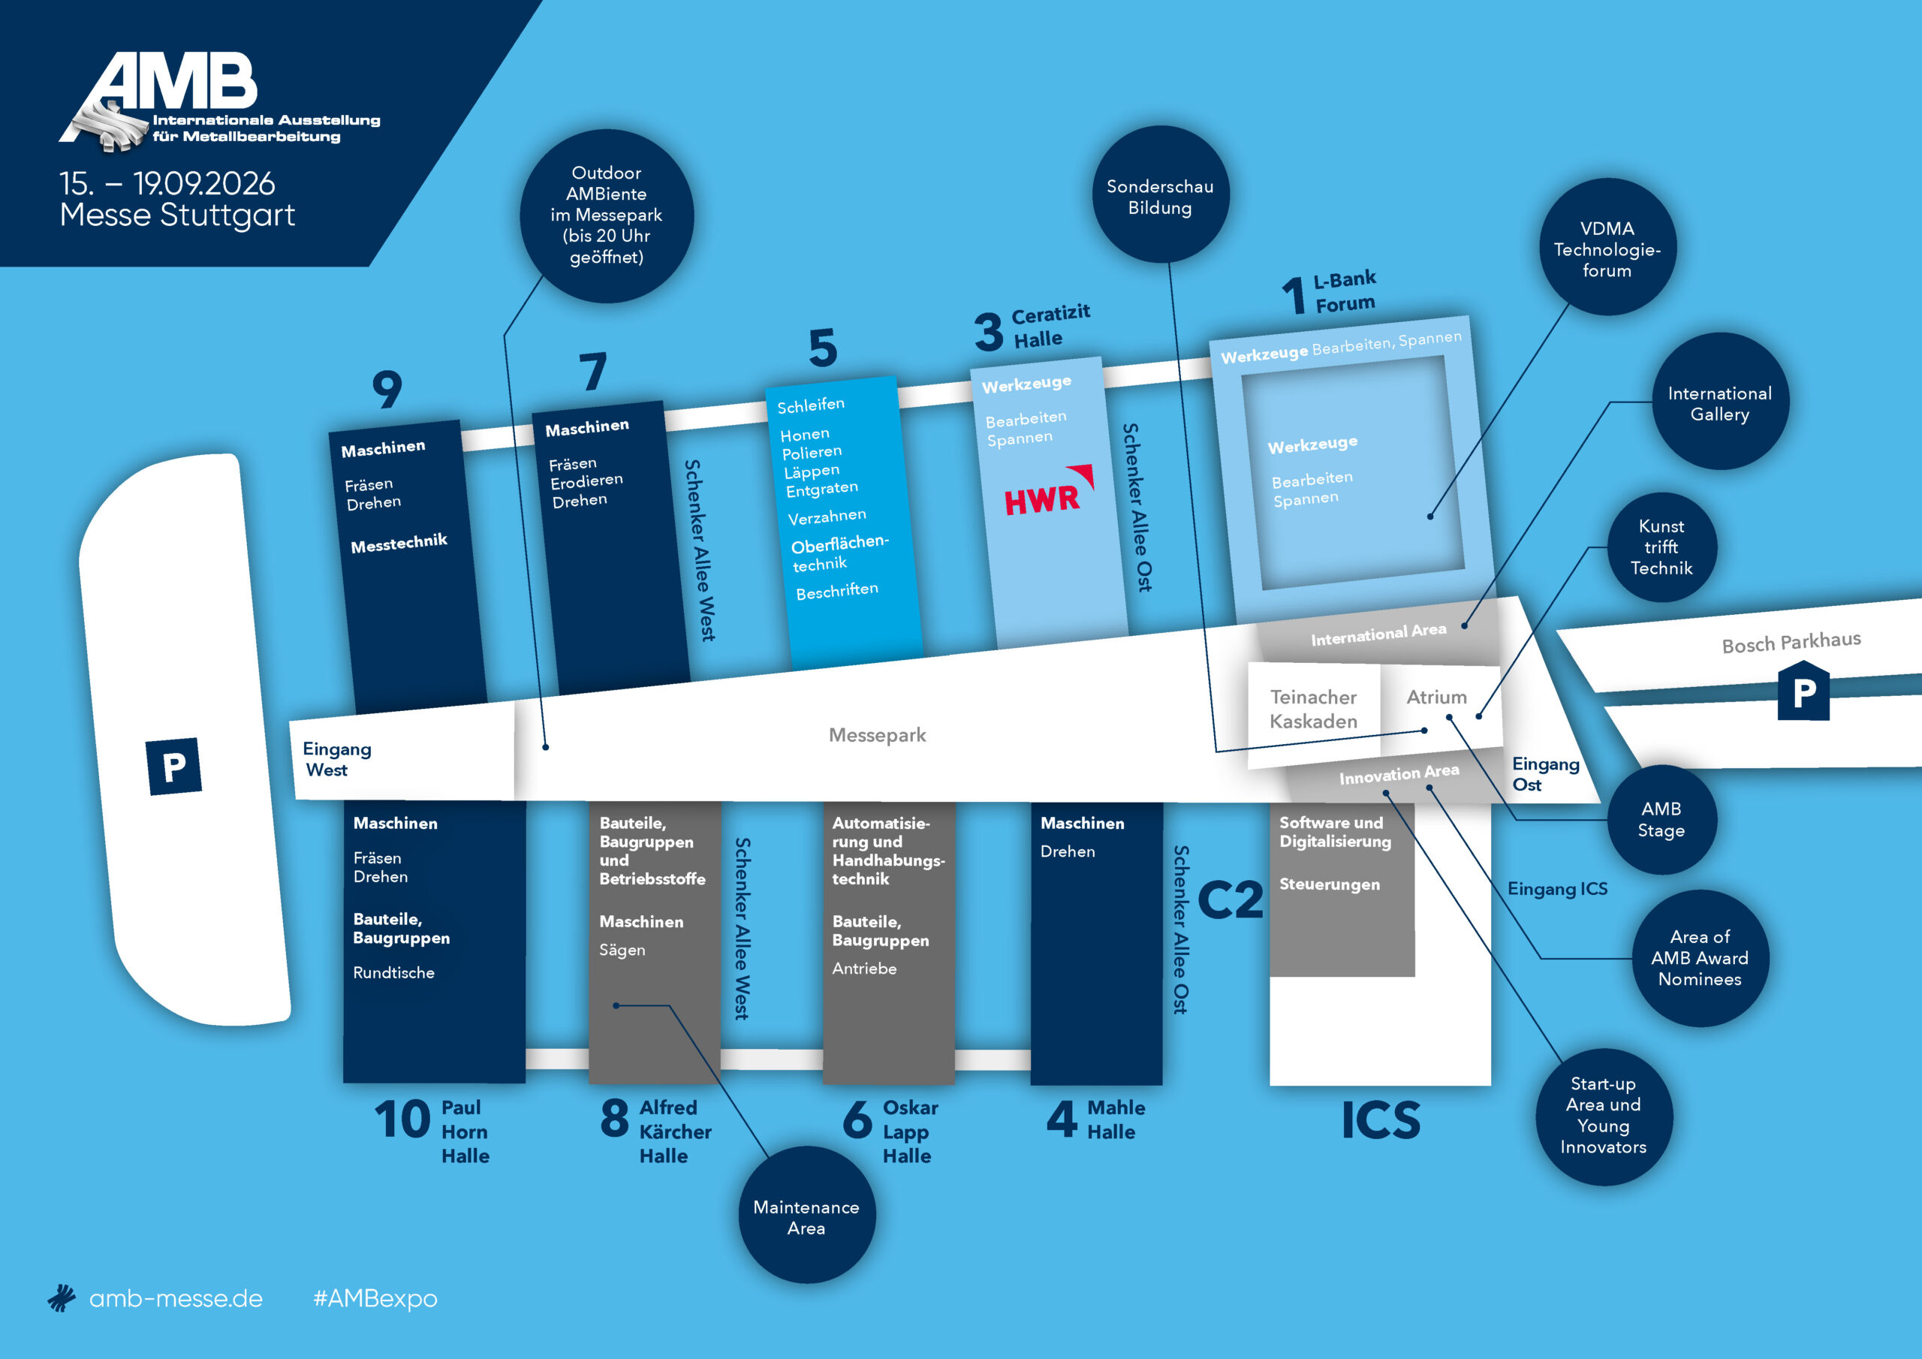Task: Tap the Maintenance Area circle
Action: click(806, 1216)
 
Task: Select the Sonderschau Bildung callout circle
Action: click(1160, 194)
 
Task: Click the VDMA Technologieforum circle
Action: click(1607, 247)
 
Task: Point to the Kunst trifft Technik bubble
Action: click(1661, 547)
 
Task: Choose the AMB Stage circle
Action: click(1661, 819)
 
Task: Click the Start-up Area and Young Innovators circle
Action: click(1604, 1116)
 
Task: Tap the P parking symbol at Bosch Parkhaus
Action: click(1804, 691)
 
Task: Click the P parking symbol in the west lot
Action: click(174, 766)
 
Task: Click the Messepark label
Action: click(878, 734)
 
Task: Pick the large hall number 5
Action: click(823, 348)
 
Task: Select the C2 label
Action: click(1230, 900)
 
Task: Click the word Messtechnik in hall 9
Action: click(399, 544)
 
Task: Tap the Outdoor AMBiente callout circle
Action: click(607, 215)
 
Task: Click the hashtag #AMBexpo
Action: click(375, 1298)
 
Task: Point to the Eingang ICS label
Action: click(1557, 888)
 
